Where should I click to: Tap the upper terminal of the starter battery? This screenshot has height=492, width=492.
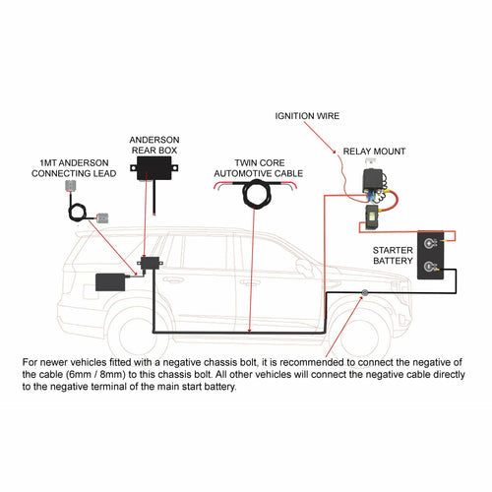[430, 242]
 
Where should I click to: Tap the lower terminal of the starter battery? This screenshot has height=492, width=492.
[430, 265]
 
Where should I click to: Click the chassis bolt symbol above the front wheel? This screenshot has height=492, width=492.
[364, 294]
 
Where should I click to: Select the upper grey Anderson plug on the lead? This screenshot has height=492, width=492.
[68, 186]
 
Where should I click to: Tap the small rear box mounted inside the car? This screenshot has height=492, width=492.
[152, 264]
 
